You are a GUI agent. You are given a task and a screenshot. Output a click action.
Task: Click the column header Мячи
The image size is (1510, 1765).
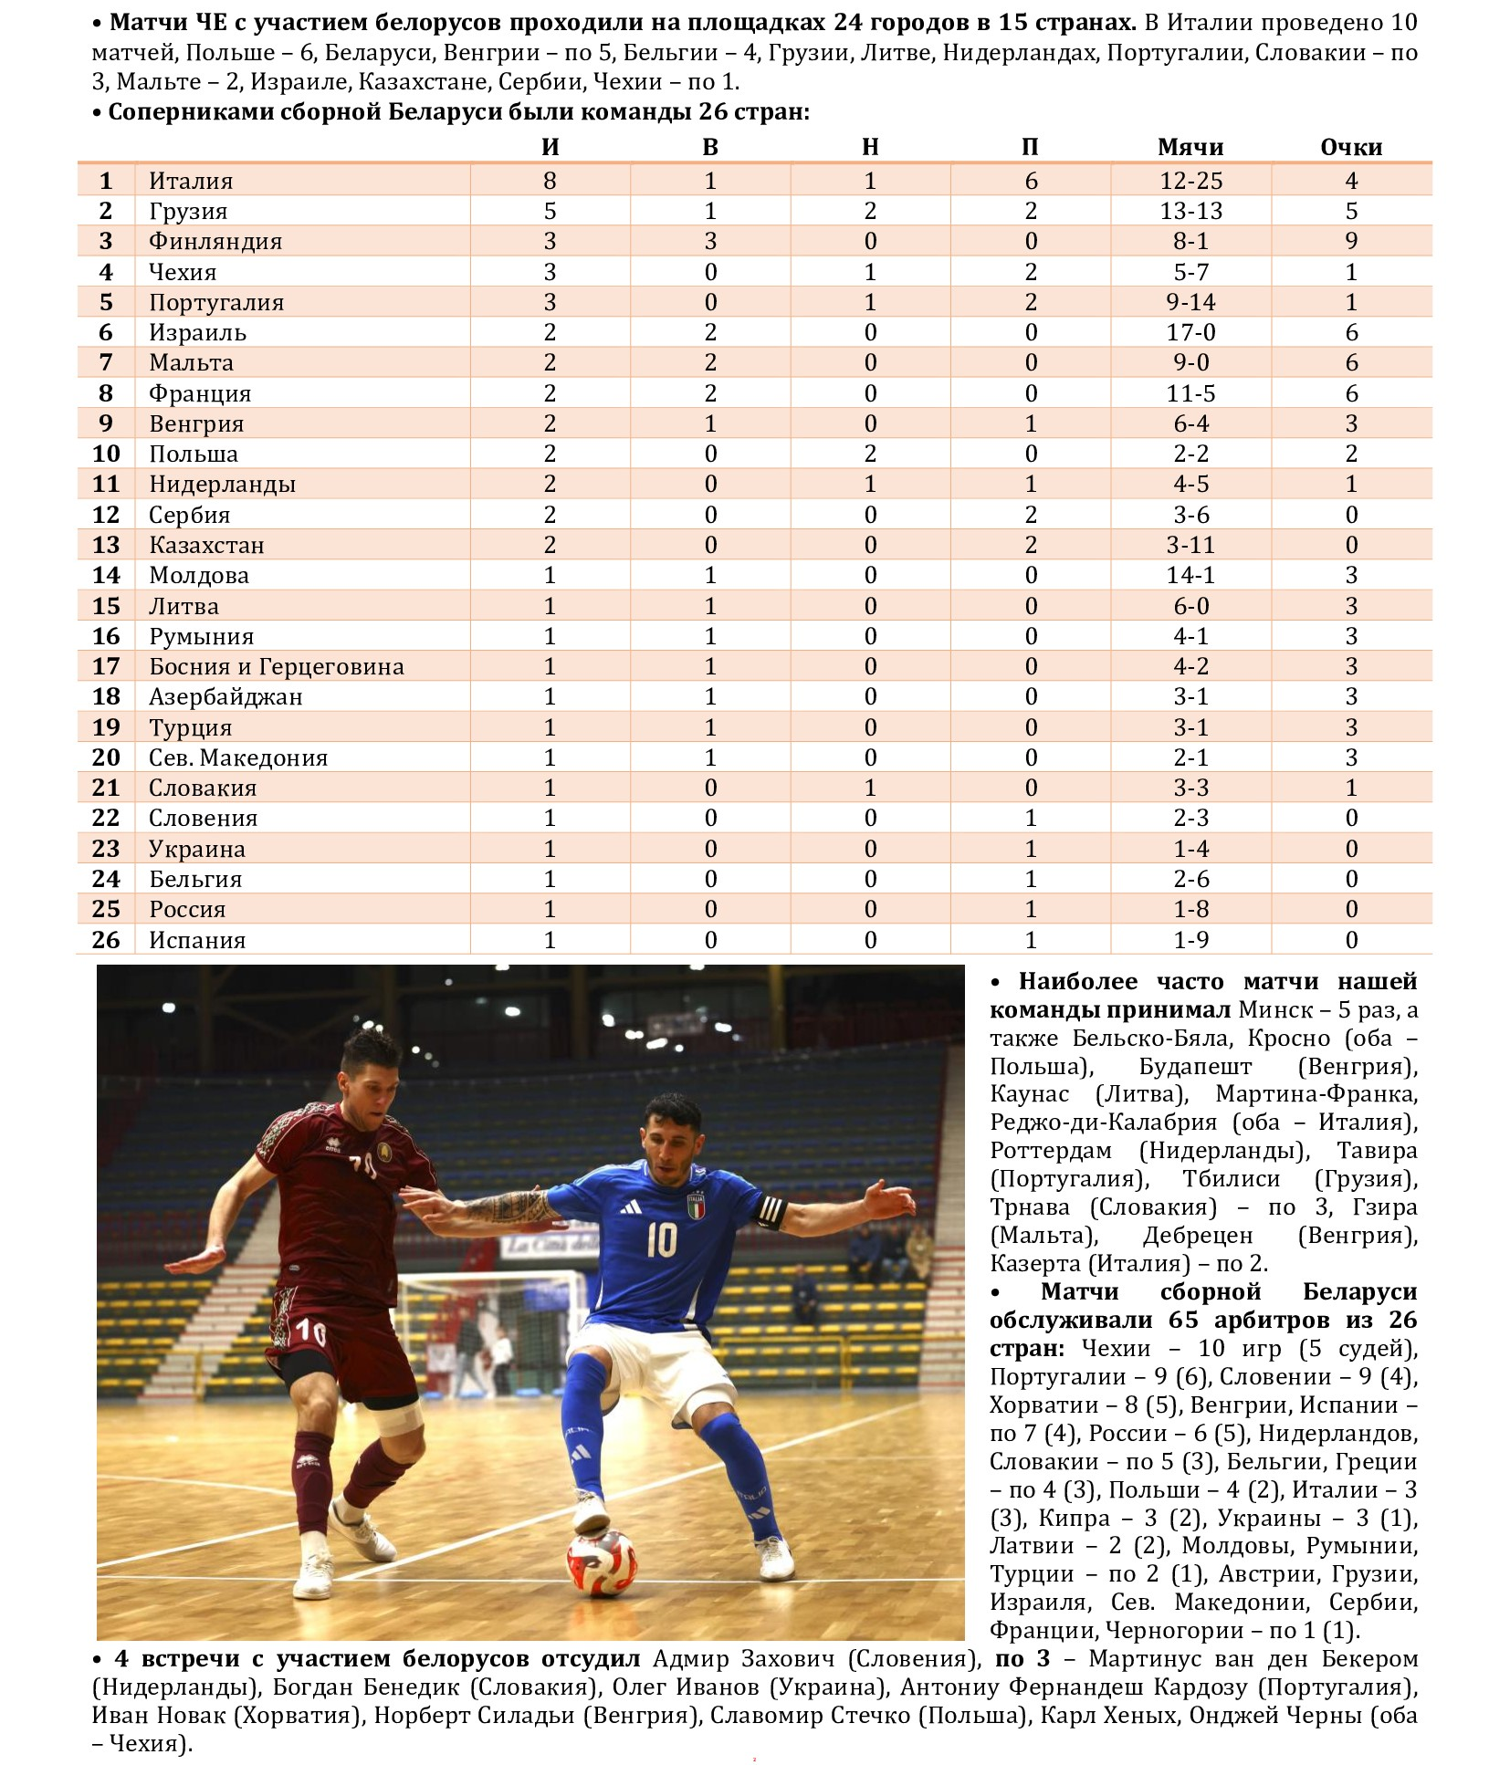1190,147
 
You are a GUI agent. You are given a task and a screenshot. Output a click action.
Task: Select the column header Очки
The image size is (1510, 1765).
1350,147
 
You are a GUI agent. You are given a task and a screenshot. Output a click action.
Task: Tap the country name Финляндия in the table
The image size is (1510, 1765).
215,241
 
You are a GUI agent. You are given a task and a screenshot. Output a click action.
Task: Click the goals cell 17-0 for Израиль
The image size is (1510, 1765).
1190,332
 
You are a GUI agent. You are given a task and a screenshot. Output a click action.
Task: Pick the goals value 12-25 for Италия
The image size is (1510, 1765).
1190,181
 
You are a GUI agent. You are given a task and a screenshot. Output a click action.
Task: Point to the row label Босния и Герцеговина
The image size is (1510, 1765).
276,666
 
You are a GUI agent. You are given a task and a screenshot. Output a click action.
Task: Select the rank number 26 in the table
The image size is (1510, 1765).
106,939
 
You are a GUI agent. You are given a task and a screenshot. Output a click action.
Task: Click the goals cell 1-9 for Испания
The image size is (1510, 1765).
1190,939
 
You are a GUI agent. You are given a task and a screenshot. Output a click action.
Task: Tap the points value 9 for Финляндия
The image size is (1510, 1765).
1351,241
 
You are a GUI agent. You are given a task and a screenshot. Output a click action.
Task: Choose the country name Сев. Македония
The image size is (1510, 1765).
238,757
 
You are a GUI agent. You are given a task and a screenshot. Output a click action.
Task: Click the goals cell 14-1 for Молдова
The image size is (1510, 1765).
1190,575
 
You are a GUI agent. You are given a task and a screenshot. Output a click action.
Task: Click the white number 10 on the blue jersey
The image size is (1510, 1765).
661,1239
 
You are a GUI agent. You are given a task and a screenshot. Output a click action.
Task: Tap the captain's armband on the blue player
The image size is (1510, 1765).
770,1211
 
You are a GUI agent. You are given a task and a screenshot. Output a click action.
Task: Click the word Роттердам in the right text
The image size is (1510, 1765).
1051,1150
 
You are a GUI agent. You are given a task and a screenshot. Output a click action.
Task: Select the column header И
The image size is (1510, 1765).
550,147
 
